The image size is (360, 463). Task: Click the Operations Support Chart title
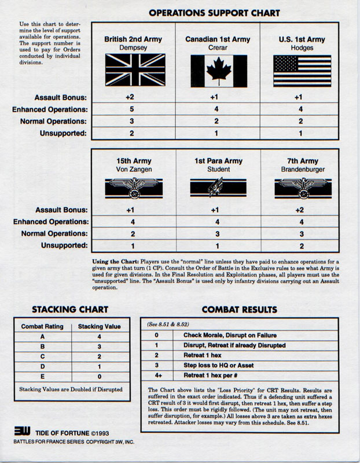[x=214, y=12]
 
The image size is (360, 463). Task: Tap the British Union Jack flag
[x=133, y=70]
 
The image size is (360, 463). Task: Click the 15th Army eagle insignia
[x=133, y=186]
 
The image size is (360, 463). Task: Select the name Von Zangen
[x=133, y=170]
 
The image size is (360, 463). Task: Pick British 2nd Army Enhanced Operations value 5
[x=133, y=109]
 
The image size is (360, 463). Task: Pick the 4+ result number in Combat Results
[x=156, y=374]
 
